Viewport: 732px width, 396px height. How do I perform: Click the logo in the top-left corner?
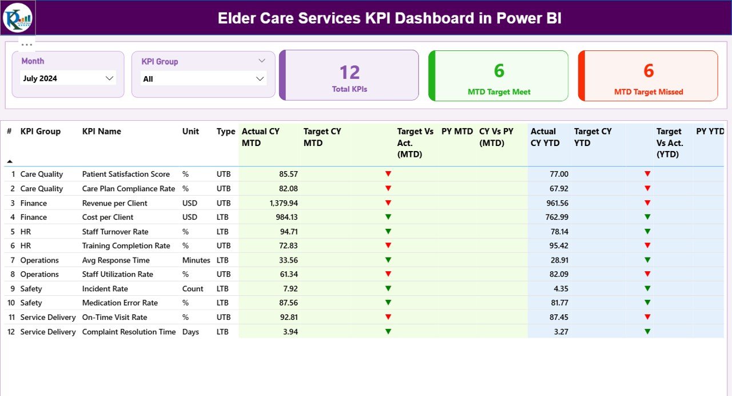point(18,18)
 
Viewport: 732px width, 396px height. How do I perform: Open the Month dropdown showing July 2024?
point(68,78)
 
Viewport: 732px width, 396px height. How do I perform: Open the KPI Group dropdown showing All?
point(203,79)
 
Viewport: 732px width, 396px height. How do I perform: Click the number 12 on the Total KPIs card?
point(349,72)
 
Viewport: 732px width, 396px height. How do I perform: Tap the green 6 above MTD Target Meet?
point(499,70)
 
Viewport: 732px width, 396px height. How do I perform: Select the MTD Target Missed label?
point(649,92)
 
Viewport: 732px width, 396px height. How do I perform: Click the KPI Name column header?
point(102,131)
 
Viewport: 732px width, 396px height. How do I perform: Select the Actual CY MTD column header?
point(261,137)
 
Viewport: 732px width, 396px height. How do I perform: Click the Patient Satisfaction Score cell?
point(126,174)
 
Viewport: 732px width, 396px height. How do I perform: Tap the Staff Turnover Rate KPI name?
point(115,232)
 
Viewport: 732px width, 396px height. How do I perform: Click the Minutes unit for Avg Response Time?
point(196,260)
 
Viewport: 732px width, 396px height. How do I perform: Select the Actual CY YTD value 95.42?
point(558,245)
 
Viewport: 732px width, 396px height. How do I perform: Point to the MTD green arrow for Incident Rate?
point(388,288)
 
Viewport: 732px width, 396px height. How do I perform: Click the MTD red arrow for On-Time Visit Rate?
point(388,317)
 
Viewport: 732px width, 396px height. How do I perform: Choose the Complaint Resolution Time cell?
point(129,332)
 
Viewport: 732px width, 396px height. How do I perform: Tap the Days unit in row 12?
point(190,332)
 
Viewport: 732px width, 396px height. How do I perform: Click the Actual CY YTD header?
point(543,137)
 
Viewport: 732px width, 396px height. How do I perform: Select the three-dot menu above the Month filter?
point(27,44)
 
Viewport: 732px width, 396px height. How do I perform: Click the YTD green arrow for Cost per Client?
point(647,217)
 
